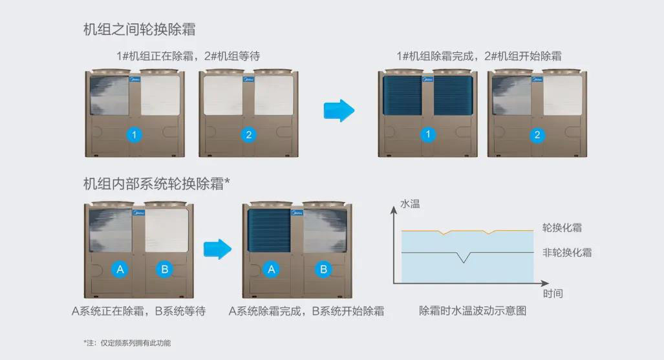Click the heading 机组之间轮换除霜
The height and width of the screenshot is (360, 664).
pyautogui.click(x=140, y=30)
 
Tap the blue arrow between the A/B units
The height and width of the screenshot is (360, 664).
pyautogui.click(x=217, y=248)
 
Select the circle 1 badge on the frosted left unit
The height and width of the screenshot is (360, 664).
pyautogui.click(x=134, y=135)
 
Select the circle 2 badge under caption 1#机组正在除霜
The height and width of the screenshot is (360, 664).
pyautogui.click(x=248, y=135)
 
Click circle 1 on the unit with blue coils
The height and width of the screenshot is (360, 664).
pyautogui.click(x=427, y=135)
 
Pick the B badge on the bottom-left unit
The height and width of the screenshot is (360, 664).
pyautogui.click(x=165, y=270)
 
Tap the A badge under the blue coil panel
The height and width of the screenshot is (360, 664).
pyautogui.click(x=272, y=270)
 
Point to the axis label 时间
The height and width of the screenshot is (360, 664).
pyautogui.click(x=553, y=293)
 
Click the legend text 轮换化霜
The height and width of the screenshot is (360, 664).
pyautogui.click(x=562, y=228)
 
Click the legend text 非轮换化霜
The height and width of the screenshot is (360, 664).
pyautogui.click(x=567, y=252)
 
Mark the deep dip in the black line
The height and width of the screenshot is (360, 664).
pyautogui.click(x=463, y=260)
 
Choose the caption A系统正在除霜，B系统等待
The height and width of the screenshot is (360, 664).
pyautogui.click(x=138, y=311)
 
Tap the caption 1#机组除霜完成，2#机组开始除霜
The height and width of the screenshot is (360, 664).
pyautogui.click(x=479, y=56)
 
